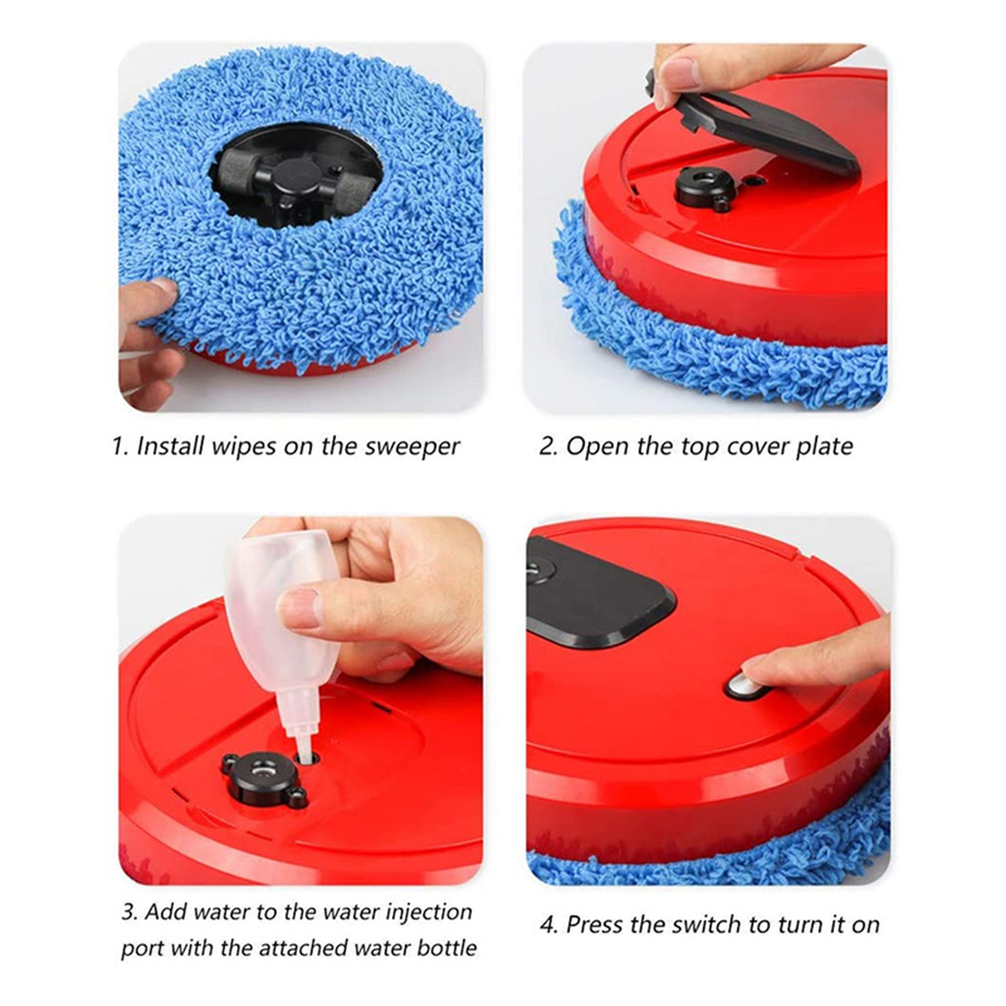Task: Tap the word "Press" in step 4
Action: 599,924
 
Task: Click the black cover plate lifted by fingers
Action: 754,126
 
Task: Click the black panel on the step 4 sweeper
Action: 597,594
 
